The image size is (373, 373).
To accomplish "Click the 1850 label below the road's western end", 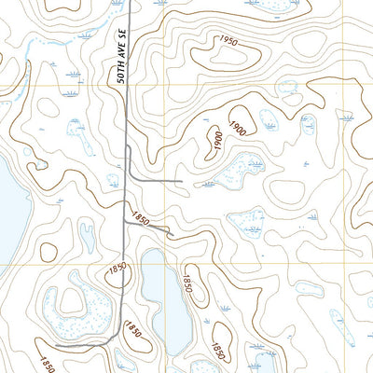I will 47,362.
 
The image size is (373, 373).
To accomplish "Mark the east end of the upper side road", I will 181,179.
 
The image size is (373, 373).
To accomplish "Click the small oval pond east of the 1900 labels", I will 267,120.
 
